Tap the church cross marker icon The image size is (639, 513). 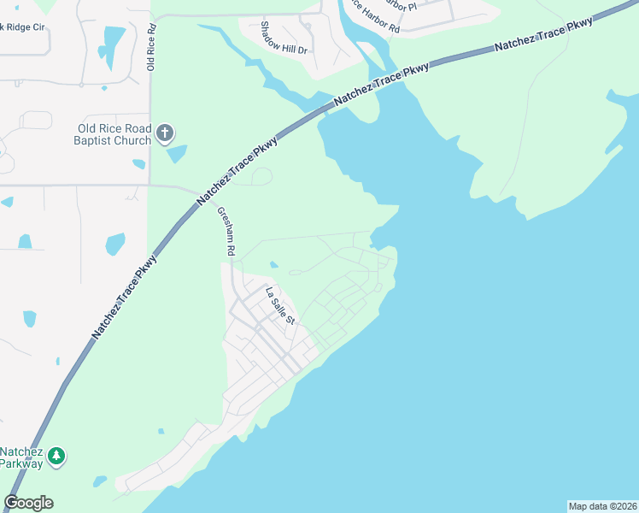(165, 133)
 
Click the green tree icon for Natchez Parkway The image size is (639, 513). (56, 457)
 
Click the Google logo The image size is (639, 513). (28, 503)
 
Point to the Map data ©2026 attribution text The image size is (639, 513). (602, 506)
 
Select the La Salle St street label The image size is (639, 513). (279, 306)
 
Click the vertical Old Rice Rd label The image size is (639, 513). (151, 47)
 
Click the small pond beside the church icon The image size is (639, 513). (177, 154)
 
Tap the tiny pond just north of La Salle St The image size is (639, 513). (273, 264)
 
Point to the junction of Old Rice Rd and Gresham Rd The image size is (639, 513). (150, 183)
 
